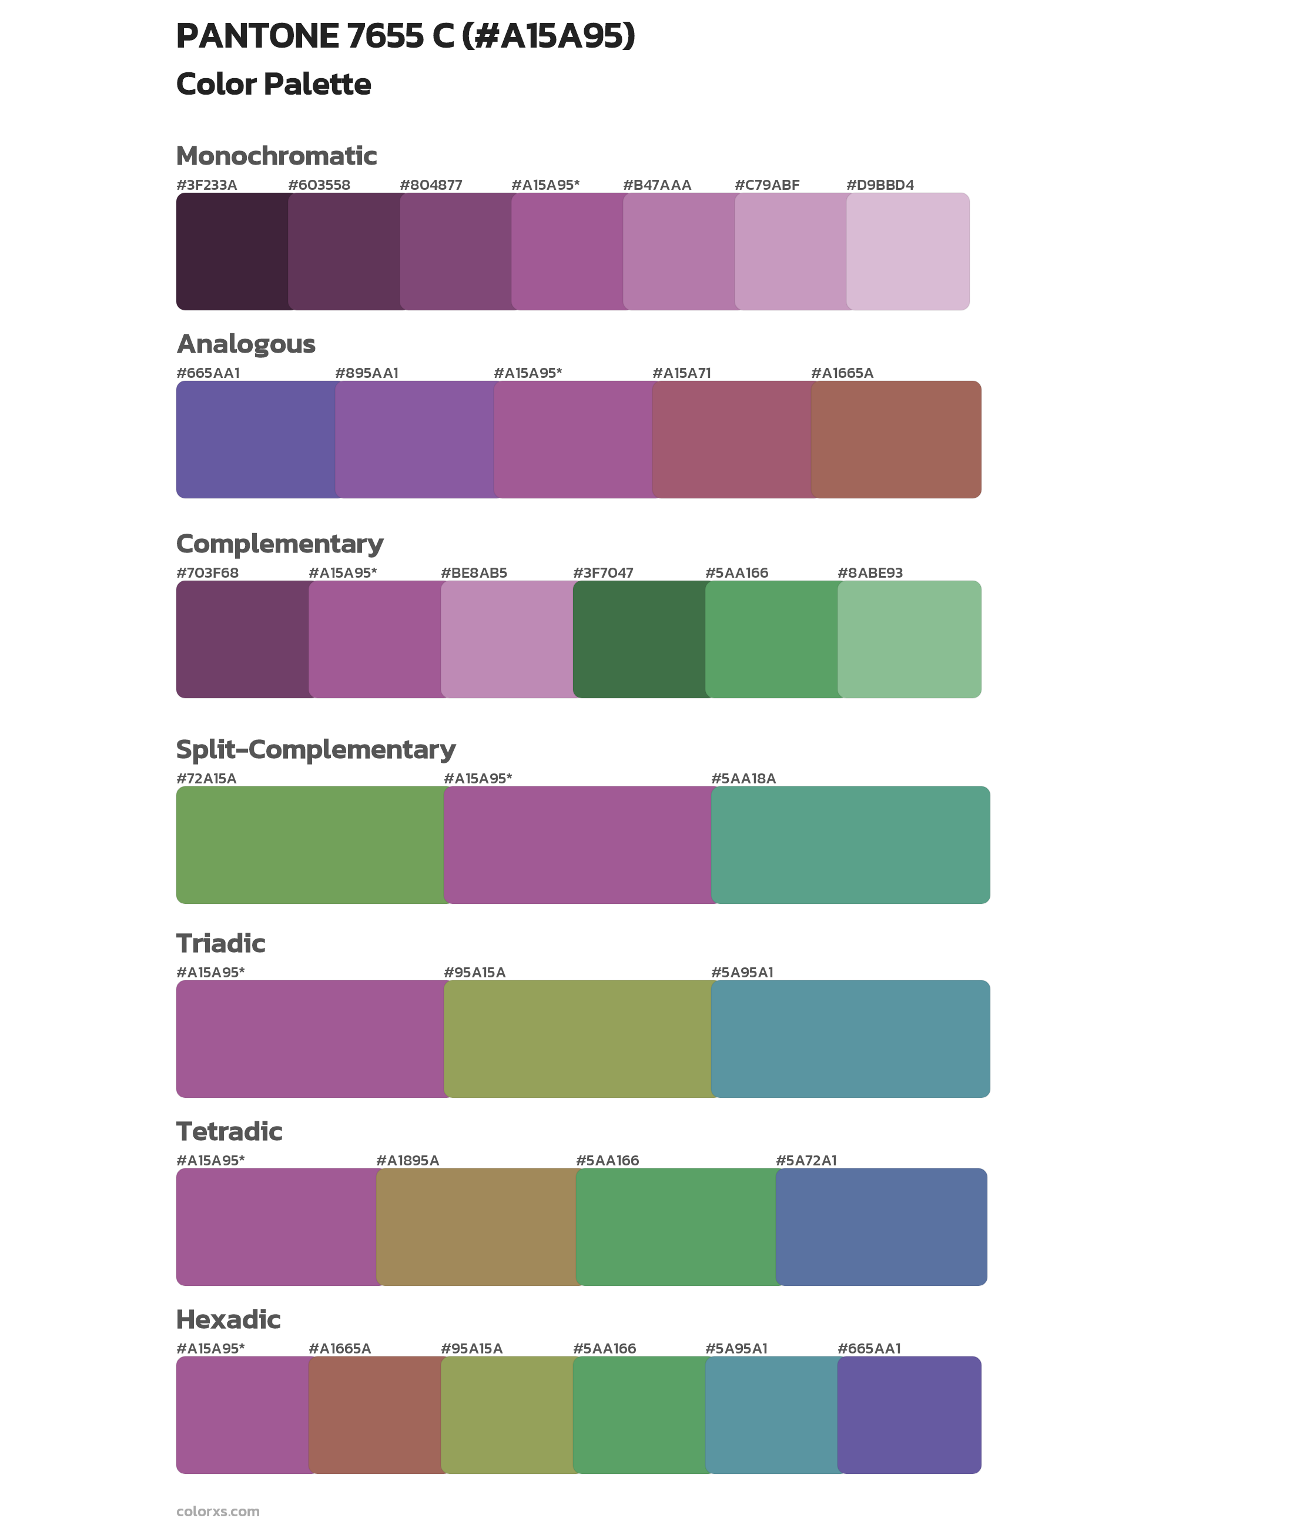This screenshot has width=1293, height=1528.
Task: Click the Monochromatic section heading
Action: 276,156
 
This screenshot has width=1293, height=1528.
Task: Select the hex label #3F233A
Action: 207,185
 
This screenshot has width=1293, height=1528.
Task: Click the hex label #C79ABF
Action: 767,185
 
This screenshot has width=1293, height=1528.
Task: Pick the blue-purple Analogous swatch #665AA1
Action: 255,440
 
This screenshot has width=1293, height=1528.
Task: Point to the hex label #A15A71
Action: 681,373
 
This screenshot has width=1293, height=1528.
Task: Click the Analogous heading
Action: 246,344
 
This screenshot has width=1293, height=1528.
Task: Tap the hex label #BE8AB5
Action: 474,573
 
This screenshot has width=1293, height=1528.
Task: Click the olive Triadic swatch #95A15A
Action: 577,1039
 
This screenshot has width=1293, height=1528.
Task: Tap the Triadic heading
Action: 220,943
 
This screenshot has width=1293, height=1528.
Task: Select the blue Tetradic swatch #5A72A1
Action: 881,1227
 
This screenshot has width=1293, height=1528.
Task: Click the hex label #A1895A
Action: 407,1160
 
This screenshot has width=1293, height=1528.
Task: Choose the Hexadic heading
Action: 228,1319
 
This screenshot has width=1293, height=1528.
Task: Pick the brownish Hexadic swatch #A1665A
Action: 374,1415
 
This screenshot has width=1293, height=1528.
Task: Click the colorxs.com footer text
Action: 217,1511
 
